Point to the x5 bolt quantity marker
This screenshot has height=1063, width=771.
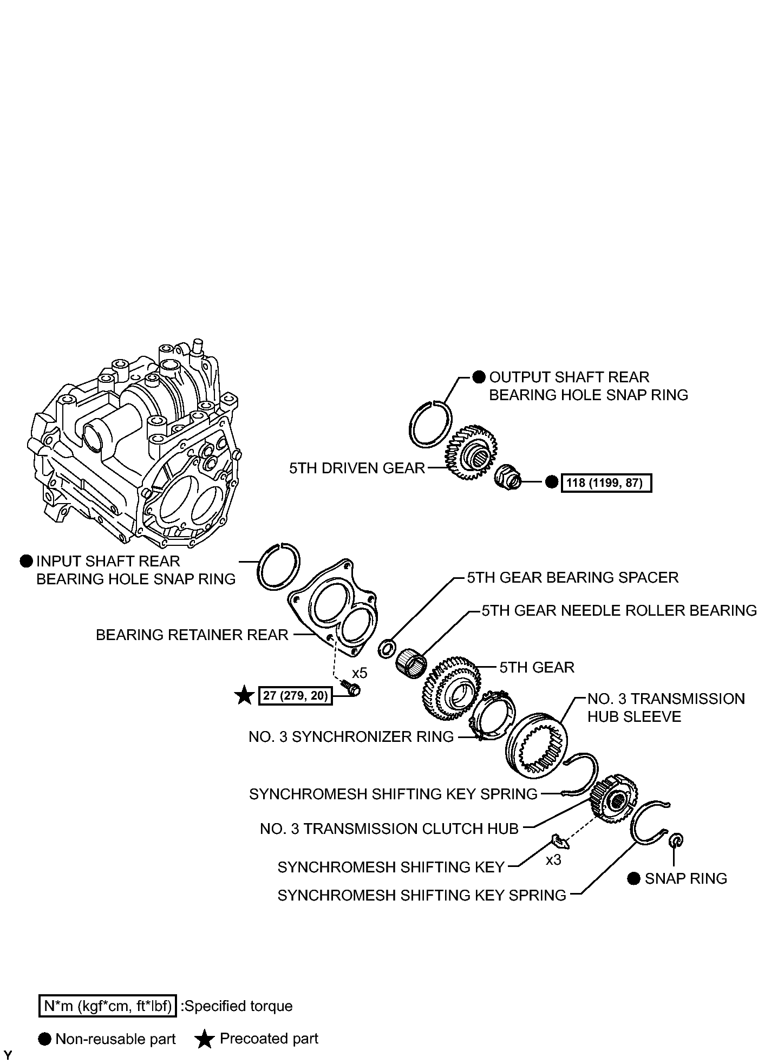(x=360, y=673)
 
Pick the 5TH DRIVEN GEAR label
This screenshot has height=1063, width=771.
(x=357, y=468)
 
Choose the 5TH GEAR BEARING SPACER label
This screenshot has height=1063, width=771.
(x=573, y=577)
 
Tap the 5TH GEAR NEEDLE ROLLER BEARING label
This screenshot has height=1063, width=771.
(x=619, y=610)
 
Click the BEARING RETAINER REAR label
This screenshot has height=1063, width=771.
(x=192, y=635)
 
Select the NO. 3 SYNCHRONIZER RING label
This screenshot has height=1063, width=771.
(x=351, y=736)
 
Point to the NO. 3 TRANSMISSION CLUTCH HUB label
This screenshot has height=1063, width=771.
(x=389, y=829)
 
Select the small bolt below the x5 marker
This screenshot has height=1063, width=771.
(x=352, y=688)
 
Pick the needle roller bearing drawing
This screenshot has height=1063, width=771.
(x=411, y=664)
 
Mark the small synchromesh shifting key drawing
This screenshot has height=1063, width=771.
(x=560, y=841)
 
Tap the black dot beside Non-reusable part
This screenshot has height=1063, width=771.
(x=45, y=1039)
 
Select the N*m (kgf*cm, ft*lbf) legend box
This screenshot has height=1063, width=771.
(x=108, y=1006)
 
